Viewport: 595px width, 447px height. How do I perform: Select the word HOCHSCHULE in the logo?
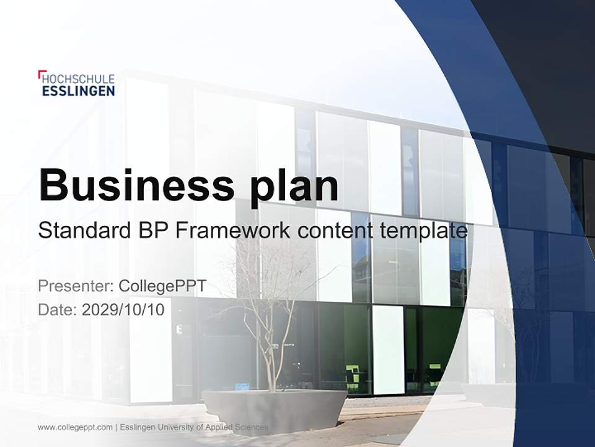(79, 79)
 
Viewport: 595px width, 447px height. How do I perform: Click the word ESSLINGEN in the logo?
(78, 91)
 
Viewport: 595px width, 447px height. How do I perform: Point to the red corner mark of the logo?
(40, 73)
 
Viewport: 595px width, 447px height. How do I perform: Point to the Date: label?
(58, 309)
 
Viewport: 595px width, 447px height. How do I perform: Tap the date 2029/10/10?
(123, 309)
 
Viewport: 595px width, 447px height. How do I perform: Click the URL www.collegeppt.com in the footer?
(75, 427)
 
